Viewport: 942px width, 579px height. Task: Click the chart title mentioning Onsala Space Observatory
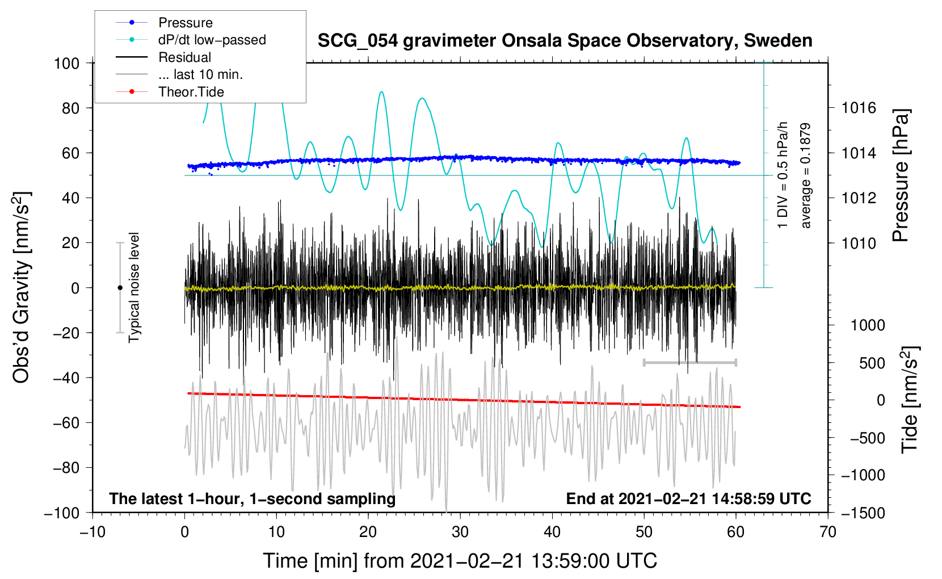point(565,41)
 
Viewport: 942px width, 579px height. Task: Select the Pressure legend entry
point(185,23)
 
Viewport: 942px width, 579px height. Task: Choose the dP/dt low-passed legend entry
point(212,40)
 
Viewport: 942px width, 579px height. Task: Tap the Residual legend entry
point(184,57)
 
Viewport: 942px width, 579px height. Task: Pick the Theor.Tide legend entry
point(191,92)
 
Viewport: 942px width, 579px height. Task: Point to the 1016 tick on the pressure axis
point(859,108)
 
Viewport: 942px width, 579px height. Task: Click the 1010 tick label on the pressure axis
point(859,243)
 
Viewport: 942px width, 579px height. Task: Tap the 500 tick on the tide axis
point(872,363)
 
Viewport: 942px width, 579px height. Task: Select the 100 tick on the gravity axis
point(66,63)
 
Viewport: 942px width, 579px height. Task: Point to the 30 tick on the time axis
point(460,532)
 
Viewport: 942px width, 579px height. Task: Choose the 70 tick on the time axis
point(828,532)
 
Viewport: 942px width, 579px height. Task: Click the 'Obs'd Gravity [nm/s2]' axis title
point(22,287)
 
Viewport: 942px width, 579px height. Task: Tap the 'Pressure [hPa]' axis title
point(901,176)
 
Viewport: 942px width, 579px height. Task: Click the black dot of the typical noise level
point(120,288)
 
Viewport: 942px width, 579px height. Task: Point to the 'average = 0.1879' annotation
point(805,176)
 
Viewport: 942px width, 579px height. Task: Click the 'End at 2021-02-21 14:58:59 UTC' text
point(688,499)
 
